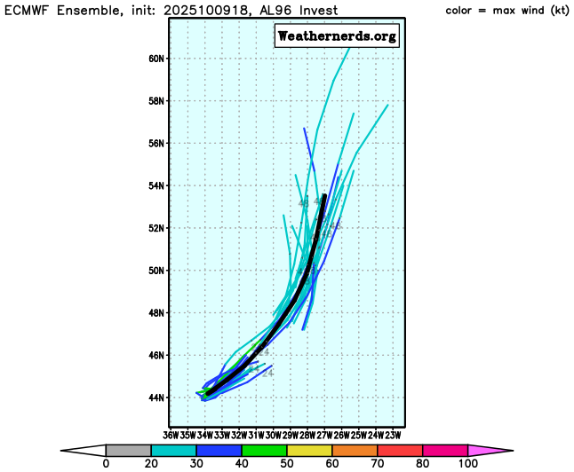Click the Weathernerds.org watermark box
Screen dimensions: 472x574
[x=337, y=36]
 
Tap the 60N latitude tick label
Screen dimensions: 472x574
[x=156, y=59]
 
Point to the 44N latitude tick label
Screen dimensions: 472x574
[x=156, y=397]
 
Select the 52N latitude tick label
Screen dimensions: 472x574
[x=156, y=228]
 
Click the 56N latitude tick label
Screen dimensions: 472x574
[x=156, y=144]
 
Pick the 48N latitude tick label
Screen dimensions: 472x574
[x=156, y=313]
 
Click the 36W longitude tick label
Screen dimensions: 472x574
[x=171, y=435]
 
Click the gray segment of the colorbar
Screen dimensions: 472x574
[x=128, y=451]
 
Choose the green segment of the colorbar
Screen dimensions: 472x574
[x=264, y=451]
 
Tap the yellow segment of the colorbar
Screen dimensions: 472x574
[x=309, y=451]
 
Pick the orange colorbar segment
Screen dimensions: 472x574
[x=355, y=451]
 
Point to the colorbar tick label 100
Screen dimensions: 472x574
[x=468, y=464]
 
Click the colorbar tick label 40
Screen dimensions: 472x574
[x=241, y=464]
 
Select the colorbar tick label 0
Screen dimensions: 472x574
[x=106, y=464]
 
